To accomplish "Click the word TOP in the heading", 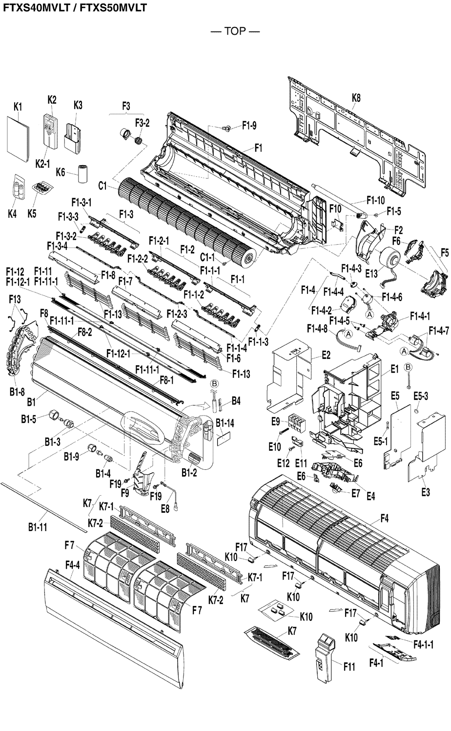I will click(x=235, y=32).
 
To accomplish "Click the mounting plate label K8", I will click(x=356, y=98).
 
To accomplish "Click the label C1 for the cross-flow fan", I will click(x=102, y=185).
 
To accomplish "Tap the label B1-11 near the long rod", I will click(x=37, y=527).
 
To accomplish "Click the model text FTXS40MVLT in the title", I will click(x=34, y=8).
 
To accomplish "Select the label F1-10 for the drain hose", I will click(x=375, y=200).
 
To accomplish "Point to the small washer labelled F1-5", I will click(x=377, y=214).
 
